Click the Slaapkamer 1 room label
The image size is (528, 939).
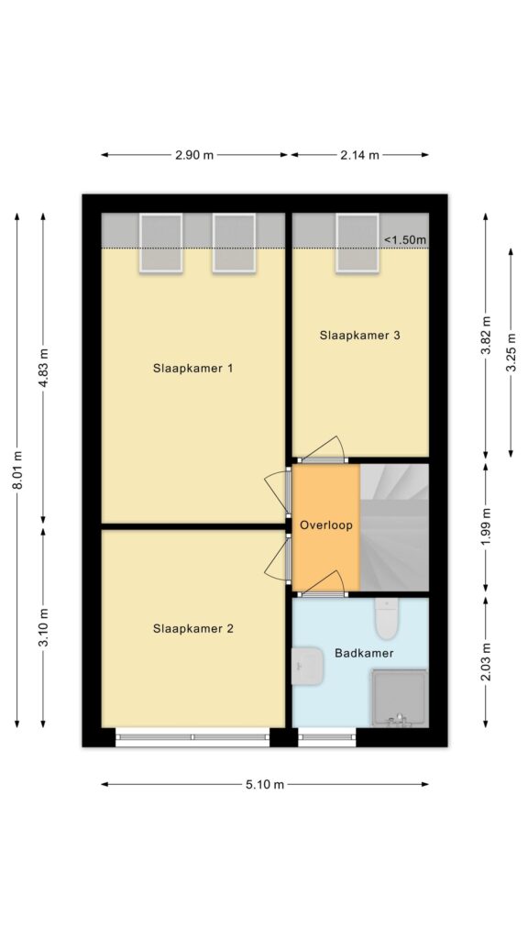pyautogui.click(x=192, y=369)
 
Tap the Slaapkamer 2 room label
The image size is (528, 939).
pyautogui.click(x=192, y=629)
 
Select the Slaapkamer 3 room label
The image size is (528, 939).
pyautogui.click(x=359, y=336)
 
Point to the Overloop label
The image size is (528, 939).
pyautogui.click(x=326, y=525)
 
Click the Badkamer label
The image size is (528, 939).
pyautogui.click(x=364, y=653)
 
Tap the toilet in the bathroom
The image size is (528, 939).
pyautogui.click(x=386, y=617)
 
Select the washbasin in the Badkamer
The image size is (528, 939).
pyautogui.click(x=307, y=666)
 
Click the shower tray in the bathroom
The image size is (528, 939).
pyautogui.click(x=400, y=698)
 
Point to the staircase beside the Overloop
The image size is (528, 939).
pyautogui.click(x=394, y=527)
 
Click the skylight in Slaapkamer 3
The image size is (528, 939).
pyautogui.click(x=357, y=243)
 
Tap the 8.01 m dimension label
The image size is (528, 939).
pyautogui.click(x=17, y=470)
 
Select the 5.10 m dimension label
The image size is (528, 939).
pyautogui.click(x=265, y=785)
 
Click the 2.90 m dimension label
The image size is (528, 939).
pyautogui.click(x=194, y=155)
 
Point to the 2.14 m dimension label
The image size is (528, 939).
pyautogui.click(x=359, y=155)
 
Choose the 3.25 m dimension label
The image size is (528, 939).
pyautogui.click(x=511, y=353)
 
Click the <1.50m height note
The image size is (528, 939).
pyautogui.click(x=405, y=240)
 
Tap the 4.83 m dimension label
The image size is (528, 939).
pyautogui.click(x=44, y=367)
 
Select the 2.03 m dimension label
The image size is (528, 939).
pyautogui.click(x=486, y=662)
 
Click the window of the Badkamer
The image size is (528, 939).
pyautogui.click(x=327, y=737)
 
